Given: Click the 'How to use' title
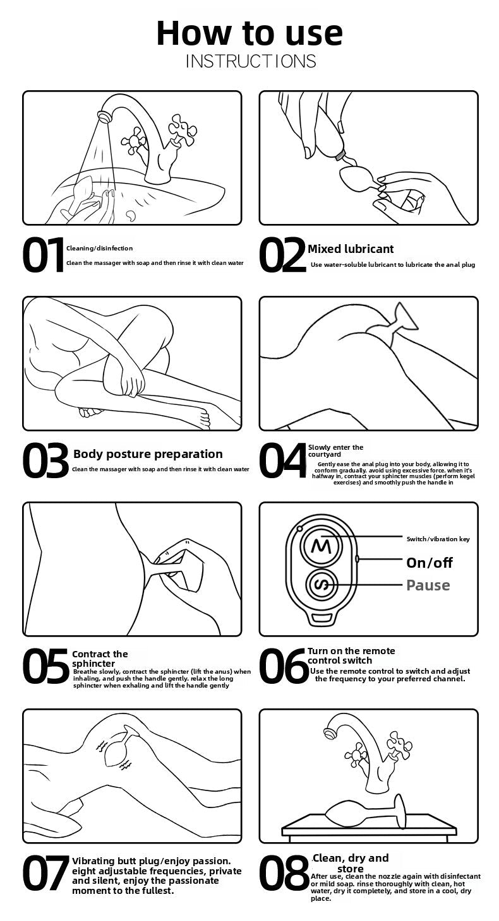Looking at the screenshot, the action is [249, 32].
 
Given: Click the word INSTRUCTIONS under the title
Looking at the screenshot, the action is [251, 61].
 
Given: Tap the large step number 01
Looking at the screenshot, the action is [43, 255].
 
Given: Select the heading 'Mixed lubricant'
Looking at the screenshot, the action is [351, 249].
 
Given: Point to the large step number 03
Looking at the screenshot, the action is [45, 460].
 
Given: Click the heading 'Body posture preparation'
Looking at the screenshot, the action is [148, 454].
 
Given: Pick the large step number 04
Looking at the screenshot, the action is [283, 460].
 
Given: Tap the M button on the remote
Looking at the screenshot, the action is [321, 546].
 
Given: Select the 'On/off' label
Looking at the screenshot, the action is [430, 563].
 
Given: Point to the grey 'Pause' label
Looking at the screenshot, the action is [428, 585].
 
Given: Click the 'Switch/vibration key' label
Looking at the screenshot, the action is [438, 539].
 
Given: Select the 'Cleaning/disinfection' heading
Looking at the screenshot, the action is [100, 249].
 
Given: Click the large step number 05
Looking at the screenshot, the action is [45, 666].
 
